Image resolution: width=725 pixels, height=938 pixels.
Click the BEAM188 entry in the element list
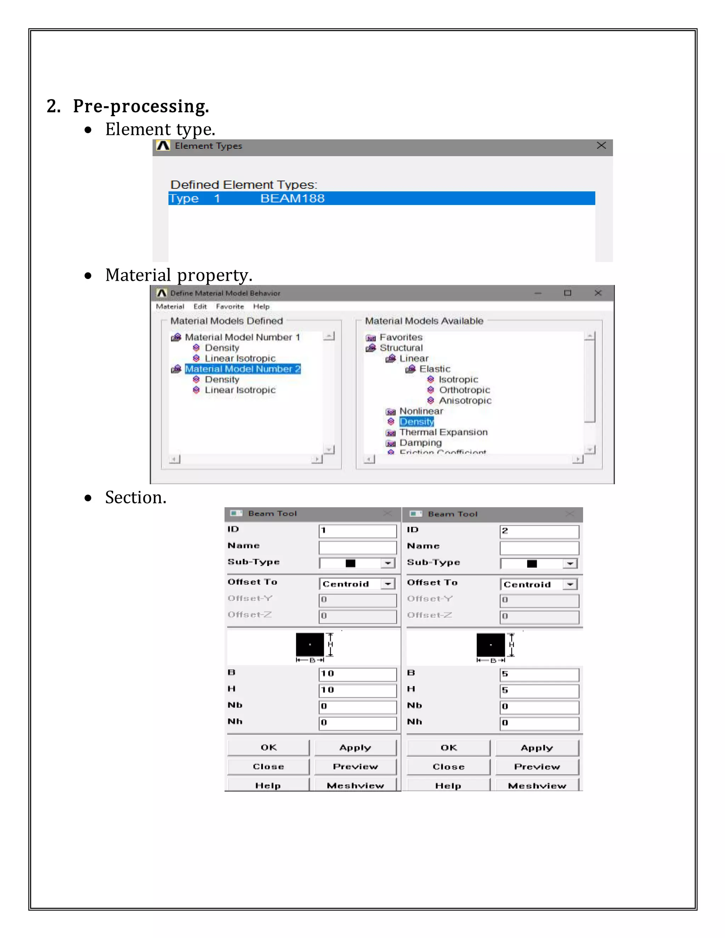coord(292,199)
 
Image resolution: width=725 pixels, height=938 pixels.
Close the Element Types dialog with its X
coord(601,145)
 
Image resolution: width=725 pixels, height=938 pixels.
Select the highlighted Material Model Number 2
coord(242,369)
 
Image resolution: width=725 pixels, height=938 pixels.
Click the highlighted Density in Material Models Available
coord(416,422)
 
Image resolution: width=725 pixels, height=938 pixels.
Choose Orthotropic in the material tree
coord(464,390)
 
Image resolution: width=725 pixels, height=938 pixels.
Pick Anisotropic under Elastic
coord(465,401)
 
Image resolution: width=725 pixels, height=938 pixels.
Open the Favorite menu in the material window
coord(230,307)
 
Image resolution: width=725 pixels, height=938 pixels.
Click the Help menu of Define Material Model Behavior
coord(261,307)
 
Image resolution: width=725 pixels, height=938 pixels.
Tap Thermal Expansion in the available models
coord(443,432)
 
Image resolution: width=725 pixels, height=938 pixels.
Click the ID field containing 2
coord(539,531)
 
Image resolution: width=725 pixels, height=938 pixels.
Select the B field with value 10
coord(357,674)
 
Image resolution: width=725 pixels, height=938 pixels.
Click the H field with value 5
coord(539,691)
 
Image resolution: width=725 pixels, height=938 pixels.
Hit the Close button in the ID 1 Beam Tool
coord(268,767)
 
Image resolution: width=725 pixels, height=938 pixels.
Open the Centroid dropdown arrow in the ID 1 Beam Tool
coord(388,584)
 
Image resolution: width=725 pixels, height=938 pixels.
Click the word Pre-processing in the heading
coord(141,106)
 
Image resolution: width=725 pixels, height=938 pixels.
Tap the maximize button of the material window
coord(567,293)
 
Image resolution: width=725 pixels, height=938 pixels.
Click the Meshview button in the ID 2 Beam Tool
coord(537,785)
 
